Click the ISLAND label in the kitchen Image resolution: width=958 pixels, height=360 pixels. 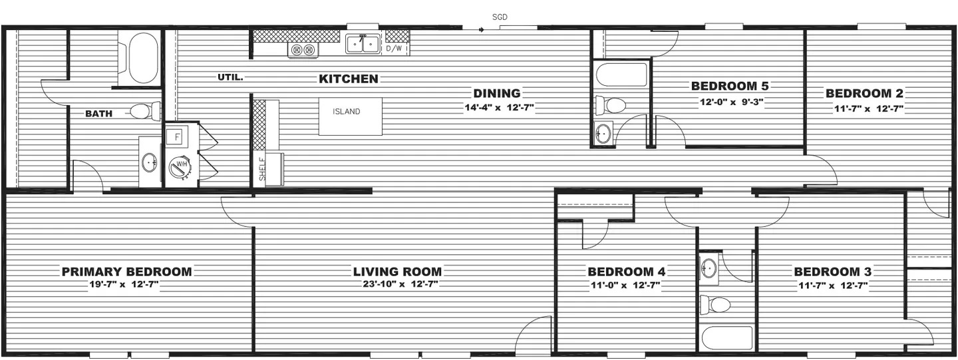coord(347,112)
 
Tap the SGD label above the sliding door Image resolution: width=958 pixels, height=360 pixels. coord(500,17)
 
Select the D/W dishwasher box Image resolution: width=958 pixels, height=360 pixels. coord(394,49)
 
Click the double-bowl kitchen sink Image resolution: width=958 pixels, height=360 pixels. coord(363,44)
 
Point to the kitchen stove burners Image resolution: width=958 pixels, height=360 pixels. coord(303,50)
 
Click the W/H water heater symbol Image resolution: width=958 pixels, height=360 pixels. coord(180,166)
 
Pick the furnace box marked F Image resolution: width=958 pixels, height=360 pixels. coord(177,137)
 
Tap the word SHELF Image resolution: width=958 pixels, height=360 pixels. coord(262,169)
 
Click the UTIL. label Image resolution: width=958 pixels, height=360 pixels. coord(230,77)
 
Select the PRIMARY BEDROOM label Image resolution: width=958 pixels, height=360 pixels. coord(127,271)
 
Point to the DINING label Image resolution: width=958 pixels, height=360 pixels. coord(497,93)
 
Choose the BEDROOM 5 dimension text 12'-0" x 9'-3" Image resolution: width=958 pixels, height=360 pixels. coord(731,102)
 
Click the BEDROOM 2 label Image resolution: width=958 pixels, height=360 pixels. coord(864,93)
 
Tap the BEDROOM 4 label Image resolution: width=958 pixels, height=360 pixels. coord(627,271)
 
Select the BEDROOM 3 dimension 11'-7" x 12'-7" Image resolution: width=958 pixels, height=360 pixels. coord(833,285)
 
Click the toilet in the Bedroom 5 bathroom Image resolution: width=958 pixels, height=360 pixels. coord(611,104)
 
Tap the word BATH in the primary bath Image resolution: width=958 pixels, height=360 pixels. coord(98,114)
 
